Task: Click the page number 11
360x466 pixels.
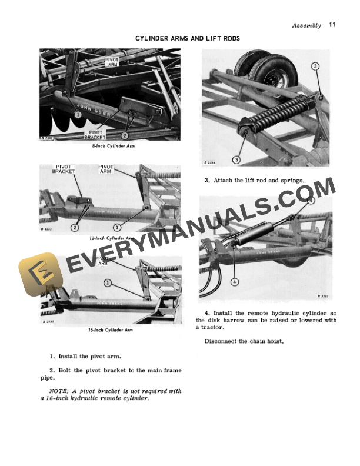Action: [332, 25]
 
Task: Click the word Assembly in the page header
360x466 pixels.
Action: [306, 25]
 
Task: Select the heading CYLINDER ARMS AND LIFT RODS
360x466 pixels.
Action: [188, 38]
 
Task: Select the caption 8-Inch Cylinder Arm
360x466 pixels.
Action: [109, 145]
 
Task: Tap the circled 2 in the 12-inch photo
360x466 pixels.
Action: [75, 227]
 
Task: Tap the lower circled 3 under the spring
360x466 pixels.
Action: [236, 159]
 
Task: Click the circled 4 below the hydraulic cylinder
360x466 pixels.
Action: [234, 281]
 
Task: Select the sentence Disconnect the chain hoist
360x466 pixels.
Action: [244, 341]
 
